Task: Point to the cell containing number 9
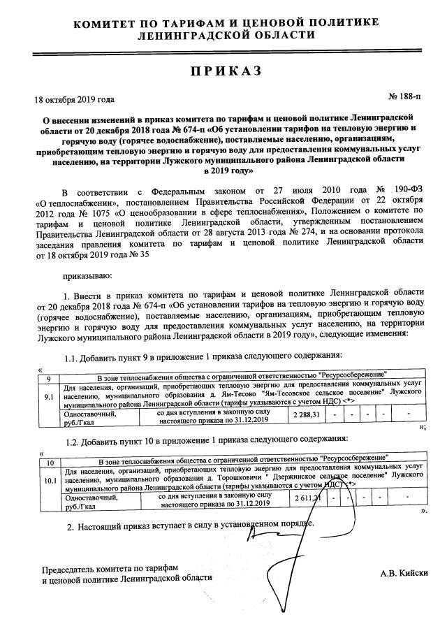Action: click(49, 377)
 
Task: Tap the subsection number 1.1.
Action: click(73, 358)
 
